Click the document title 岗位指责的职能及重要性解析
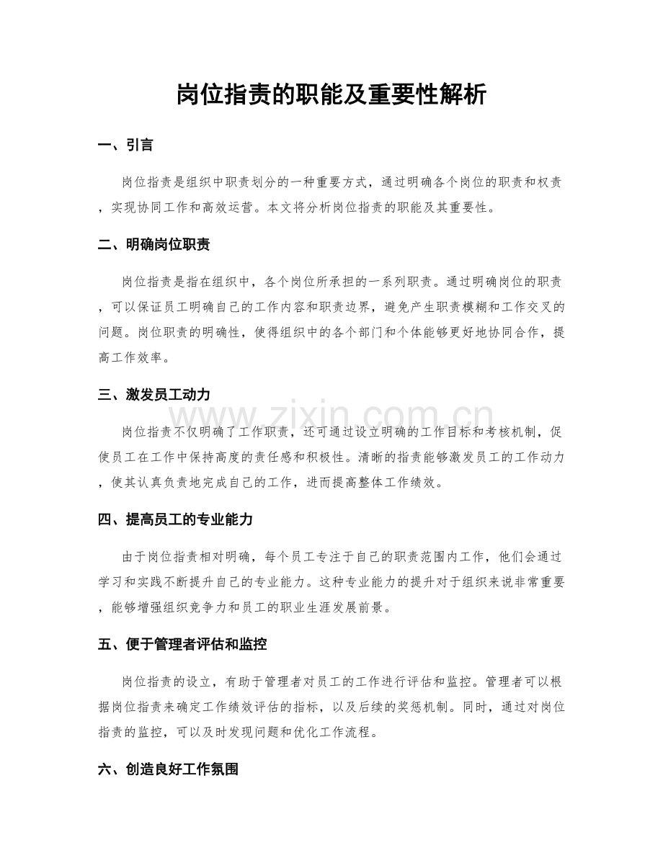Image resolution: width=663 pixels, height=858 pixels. tap(331, 94)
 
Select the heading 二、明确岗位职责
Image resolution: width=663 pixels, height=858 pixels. tap(153, 245)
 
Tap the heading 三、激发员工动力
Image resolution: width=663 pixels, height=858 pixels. tap(153, 394)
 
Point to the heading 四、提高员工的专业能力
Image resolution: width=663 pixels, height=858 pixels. tap(174, 519)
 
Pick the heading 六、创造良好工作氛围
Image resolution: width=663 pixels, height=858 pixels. tap(168, 769)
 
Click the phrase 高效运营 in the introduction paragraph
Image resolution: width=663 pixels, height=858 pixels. tap(224, 209)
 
